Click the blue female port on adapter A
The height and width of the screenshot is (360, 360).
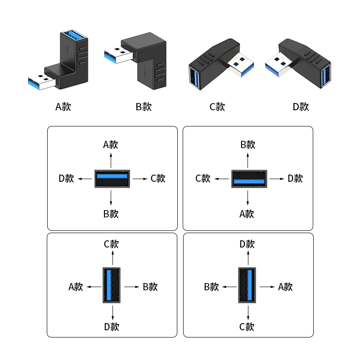point(74,35)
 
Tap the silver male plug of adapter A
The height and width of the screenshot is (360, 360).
point(41,82)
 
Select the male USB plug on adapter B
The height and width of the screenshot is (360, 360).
point(118,55)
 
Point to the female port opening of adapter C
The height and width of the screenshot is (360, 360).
point(194,77)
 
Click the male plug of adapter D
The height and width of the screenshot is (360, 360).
point(279,64)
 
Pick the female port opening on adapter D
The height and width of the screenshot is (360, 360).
point(326,75)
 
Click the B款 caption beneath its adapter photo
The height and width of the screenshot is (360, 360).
point(144,107)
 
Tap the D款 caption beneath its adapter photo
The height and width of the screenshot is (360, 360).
point(301,107)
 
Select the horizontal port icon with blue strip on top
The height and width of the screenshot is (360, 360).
point(112,179)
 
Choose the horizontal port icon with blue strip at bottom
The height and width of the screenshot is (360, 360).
point(249,179)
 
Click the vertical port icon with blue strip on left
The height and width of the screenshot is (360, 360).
point(112,285)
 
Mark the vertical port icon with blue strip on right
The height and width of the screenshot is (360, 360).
point(247,285)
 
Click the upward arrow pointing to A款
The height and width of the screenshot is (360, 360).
point(111,161)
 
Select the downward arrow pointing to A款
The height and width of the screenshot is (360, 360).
point(248,198)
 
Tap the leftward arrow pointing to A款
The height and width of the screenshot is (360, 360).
point(94,287)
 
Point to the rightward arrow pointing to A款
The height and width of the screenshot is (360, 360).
point(267,287)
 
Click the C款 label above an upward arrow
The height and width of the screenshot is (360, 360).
point(111,244)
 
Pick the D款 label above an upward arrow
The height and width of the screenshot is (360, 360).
point(247,244)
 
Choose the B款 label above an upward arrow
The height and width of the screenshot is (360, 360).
point(248,144)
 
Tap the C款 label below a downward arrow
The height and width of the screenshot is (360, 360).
point(247,327)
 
